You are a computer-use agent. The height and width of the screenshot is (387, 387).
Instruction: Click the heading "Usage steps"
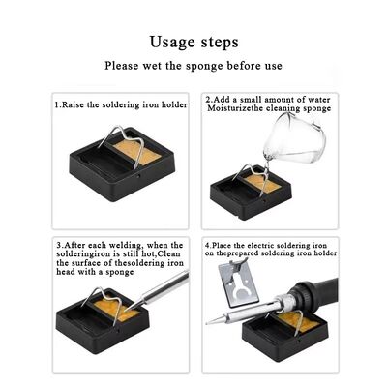coord(193,43)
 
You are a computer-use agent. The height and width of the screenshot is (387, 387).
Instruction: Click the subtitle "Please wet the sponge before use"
coord(193,66)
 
